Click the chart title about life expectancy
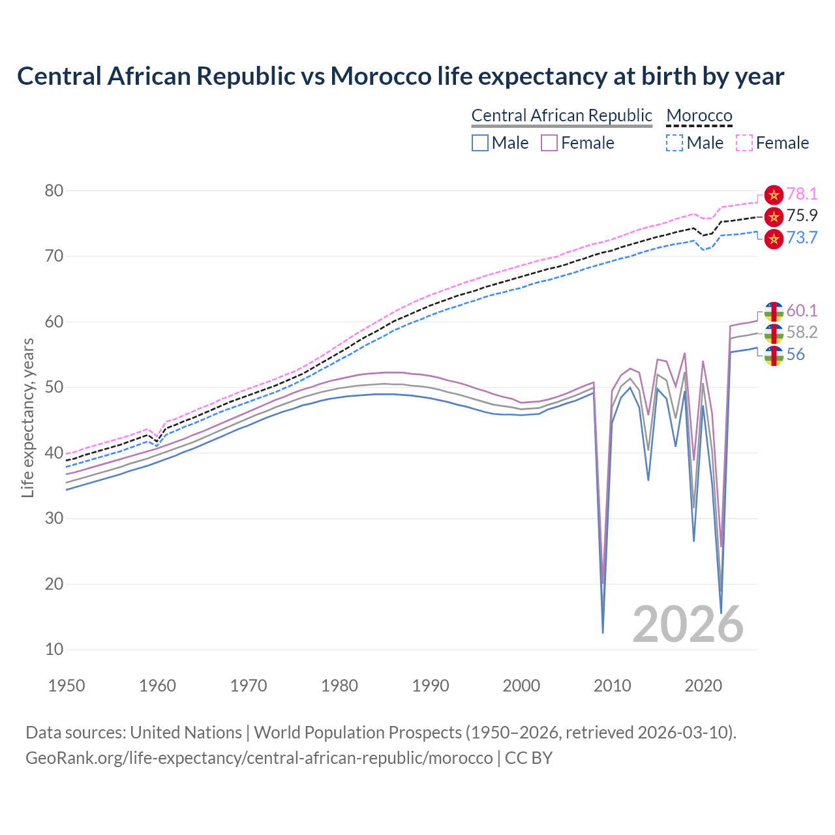(401, 76)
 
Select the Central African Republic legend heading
(562, 115)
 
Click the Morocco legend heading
(699, 115)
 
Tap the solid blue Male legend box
(480, 143)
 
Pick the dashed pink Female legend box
(744, 143)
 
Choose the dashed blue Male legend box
(675, 143)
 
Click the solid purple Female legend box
(549, 143)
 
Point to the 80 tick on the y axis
(54, 190)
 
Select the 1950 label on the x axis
(67, 686)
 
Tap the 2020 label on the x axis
(703, 686)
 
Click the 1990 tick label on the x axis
(431, 686)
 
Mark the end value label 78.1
(802, 194)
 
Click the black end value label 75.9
(802, 215)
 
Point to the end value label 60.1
(802, 311)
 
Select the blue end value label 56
(795, 354)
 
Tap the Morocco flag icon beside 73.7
(774, 239)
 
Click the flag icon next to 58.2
(774, 333)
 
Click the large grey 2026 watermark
(688, 624)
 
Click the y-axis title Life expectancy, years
(27, 417)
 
